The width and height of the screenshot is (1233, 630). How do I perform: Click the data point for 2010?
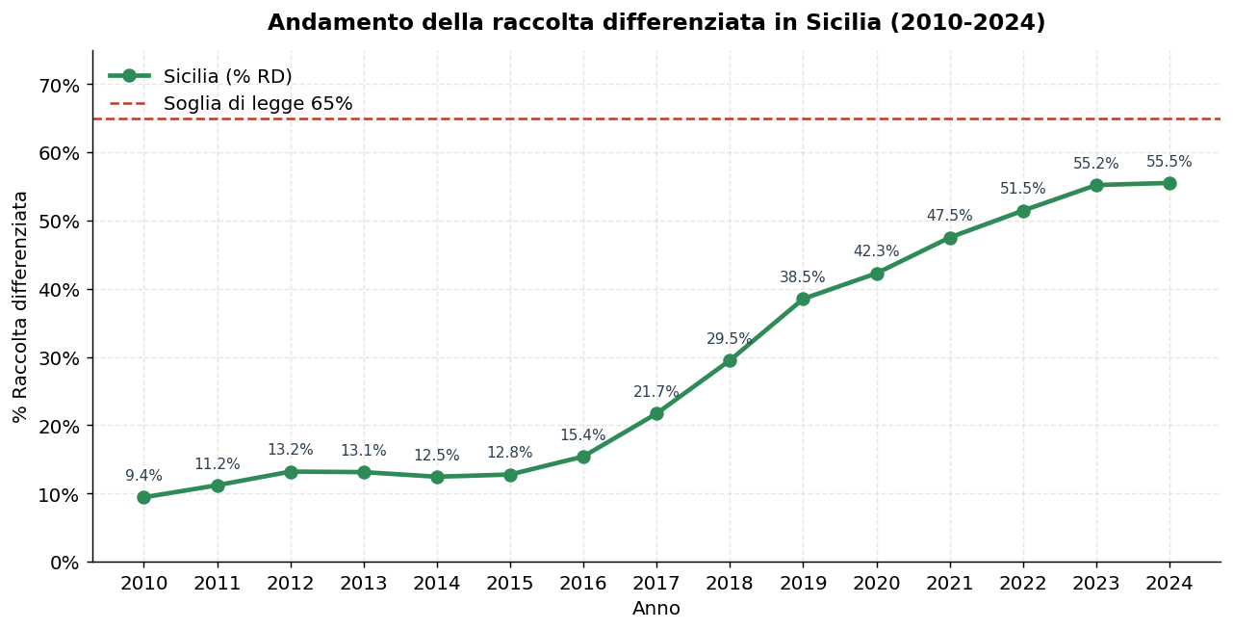143,498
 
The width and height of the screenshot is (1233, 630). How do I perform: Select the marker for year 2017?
656,413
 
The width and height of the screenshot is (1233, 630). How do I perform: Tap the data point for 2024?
1169,183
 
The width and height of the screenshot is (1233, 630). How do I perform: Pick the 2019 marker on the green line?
803,299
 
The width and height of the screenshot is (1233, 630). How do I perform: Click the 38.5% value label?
803,277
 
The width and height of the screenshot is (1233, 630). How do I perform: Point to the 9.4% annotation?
143,476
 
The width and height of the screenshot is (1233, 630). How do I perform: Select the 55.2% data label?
1096,164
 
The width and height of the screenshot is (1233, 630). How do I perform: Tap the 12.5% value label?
437,456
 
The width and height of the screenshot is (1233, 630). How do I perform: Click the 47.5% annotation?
949,216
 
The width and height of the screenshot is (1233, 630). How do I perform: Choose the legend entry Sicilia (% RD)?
227,77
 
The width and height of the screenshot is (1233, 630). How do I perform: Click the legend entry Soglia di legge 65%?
257,104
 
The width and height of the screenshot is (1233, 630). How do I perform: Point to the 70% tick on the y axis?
59,86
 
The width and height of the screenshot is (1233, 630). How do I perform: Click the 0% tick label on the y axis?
64,563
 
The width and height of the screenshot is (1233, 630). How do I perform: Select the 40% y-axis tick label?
59,290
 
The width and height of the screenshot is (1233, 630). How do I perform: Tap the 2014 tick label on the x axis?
437,584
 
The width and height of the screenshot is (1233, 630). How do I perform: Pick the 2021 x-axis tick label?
949,584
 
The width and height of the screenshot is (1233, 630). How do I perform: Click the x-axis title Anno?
655,609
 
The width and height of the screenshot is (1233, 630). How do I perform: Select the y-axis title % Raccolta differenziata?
20,306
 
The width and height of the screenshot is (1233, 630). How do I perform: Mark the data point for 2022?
1023,211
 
